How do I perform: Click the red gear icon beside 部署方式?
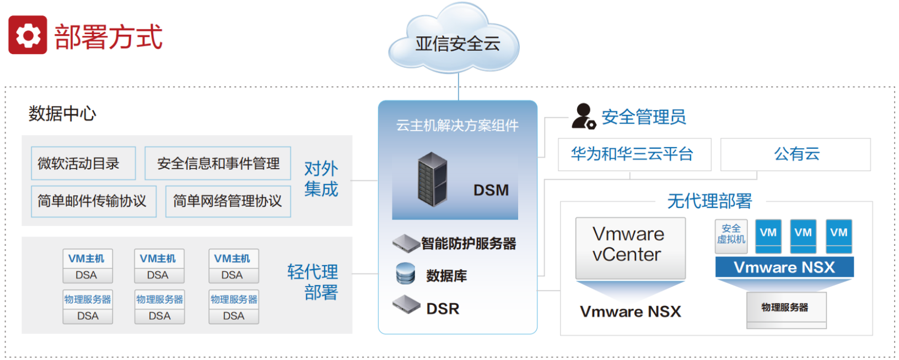coord(28,35)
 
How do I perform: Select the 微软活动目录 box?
coord(83,163)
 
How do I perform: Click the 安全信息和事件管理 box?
coord(218,163)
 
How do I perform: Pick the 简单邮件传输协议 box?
coord(93,201)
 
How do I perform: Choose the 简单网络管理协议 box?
coord(228,201)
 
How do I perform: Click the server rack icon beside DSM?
coord(432,179)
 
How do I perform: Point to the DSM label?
coord(491,190)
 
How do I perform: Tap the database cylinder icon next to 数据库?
coord(406,273)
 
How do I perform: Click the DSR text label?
coord(443,309)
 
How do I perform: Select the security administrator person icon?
coord(583,116)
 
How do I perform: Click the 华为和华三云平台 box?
coord(634,154)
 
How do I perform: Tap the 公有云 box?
coord(795,154)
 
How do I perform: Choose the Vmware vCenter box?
coord(630,248)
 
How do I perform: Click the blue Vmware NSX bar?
coord(784,267)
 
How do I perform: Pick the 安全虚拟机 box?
coord(731,236)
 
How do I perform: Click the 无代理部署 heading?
coord(709,201)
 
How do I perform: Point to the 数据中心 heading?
coord(62,114)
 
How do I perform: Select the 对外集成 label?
coord(321,179)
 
